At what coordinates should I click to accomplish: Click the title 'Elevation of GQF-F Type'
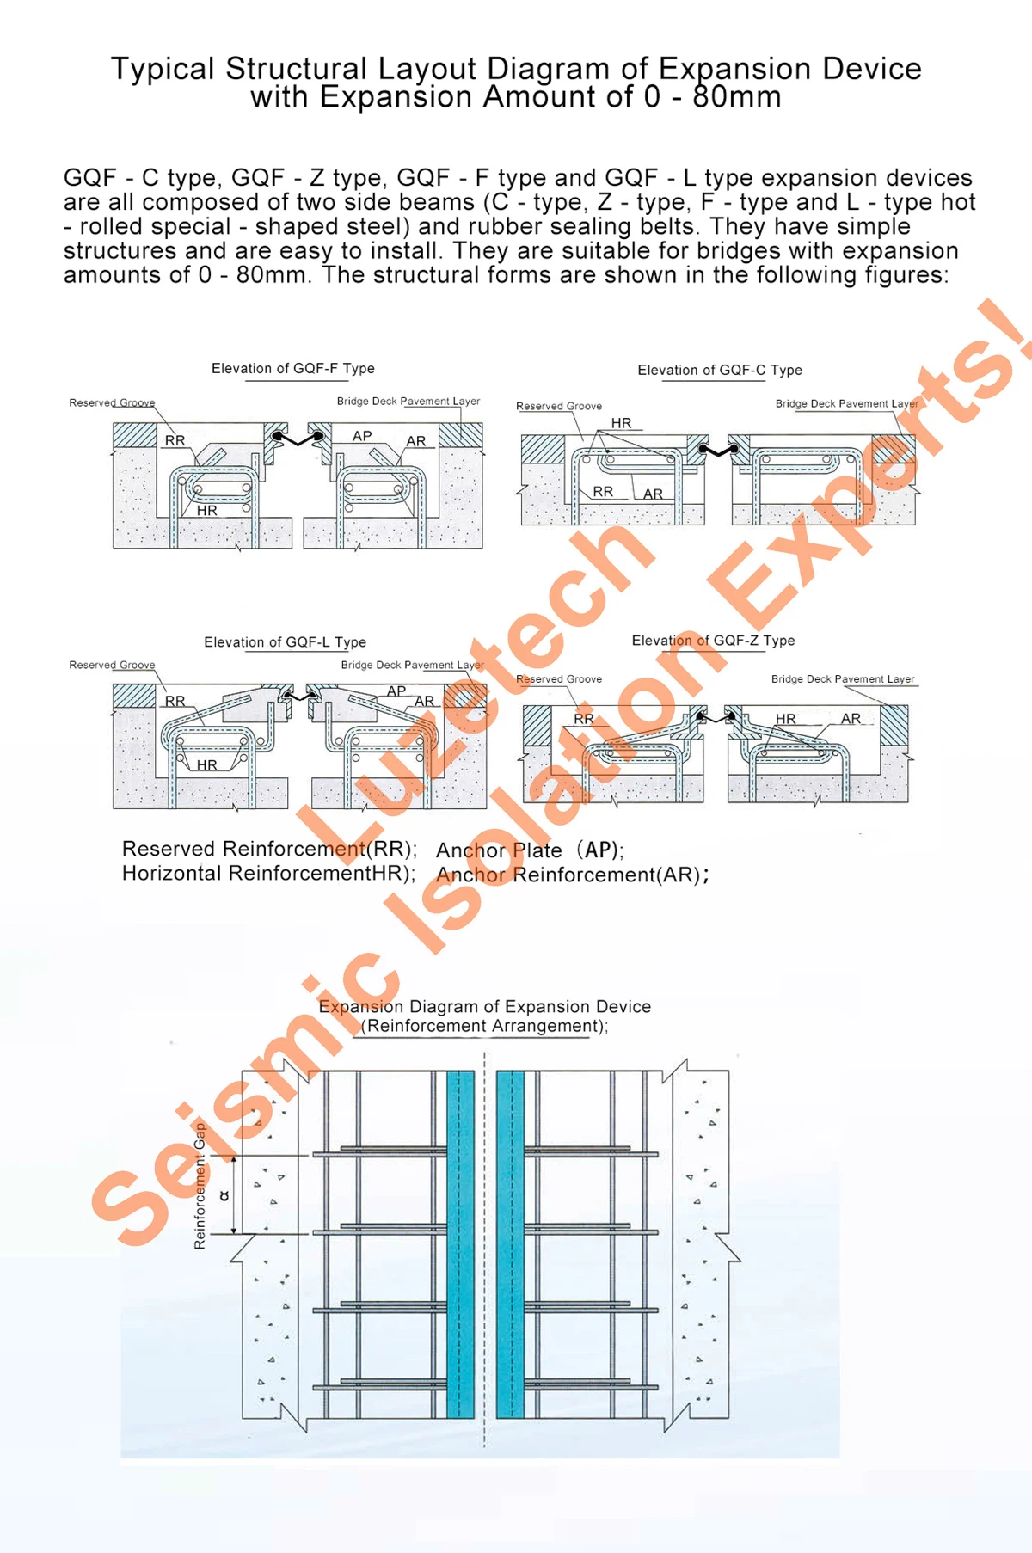(292, 368)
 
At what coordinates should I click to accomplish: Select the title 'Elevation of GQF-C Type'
(719, 370)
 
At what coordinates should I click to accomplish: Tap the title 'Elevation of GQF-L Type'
(285, 641)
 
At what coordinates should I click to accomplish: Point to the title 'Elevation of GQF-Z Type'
(713, 641)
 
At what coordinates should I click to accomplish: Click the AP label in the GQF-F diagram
(362, 436)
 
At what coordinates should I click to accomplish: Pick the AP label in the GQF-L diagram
(396, 691)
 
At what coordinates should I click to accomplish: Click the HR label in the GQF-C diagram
(621, 423)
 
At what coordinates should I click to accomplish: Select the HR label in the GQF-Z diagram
(785, 719)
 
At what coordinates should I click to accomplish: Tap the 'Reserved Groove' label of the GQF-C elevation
(558, 406)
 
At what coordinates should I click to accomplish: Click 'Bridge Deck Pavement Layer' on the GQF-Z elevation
(842, 678)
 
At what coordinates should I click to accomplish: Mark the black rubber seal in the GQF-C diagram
(718, 450)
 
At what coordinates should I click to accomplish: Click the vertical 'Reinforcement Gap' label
(200, 1186)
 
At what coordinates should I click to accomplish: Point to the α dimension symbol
(224, 1195)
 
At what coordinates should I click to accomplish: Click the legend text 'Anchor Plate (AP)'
(529, 850)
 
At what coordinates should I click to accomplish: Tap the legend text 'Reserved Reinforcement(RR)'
(268, 849)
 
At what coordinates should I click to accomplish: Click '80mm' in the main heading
(736, 96)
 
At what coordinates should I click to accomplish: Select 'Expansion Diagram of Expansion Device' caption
(484, 1006)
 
